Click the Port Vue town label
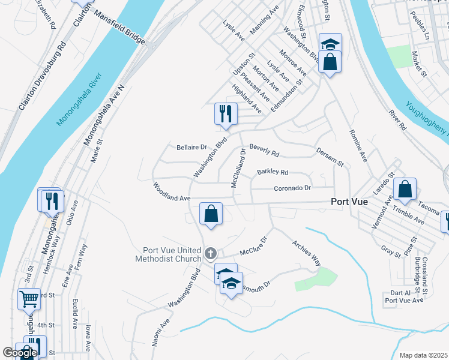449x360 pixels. pos(353,203)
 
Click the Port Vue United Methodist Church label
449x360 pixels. pos(172,255)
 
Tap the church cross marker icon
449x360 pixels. pos(210,254)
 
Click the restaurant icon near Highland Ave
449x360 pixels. pos(226,114)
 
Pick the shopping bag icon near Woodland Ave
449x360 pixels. pos(211,214)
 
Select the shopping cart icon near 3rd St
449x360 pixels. pos(29,298)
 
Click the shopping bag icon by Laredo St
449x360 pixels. pos(405,189)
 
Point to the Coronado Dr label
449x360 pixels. pos(292,188)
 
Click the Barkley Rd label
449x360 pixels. pos(273,172)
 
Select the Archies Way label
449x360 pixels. pos(306,253)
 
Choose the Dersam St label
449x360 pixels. pos(329,158)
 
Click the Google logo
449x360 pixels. pos(20,353)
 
